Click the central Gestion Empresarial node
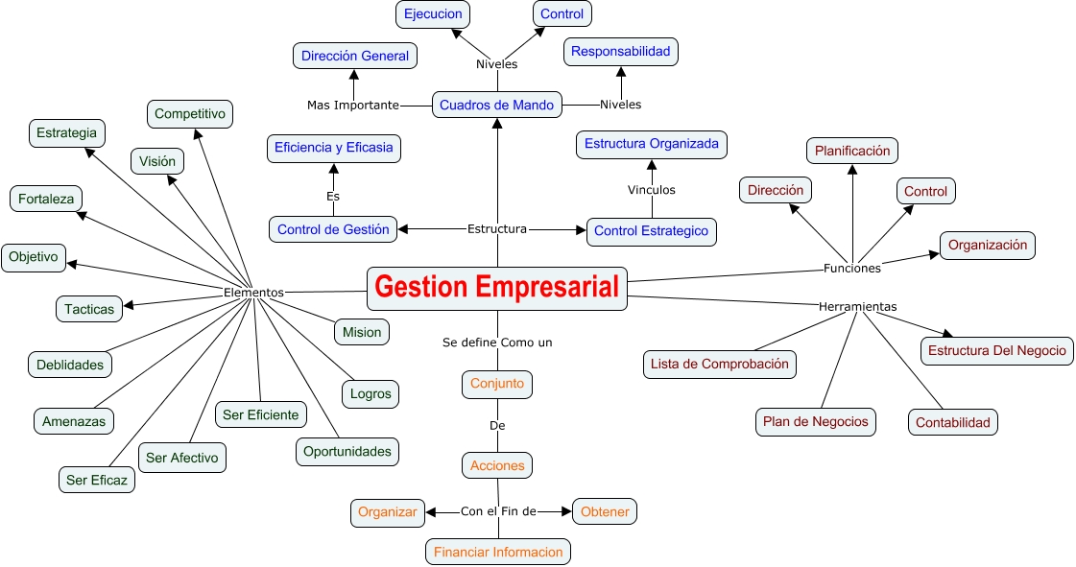click(497, 288)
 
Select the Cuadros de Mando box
click(497, 105)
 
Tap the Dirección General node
click(354, 56)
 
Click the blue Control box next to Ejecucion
click(562, 13)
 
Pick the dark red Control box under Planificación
click(925, 191)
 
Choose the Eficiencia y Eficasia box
click(333, 148)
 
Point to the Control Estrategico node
click(651, 231)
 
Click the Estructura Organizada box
click(651, 144)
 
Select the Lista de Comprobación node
click(719, 364)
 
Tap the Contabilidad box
click(952, 422)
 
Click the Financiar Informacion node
click(498, 552)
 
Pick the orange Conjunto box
click(497, 384)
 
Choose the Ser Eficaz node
click(96, 480)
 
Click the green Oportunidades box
click(347, 451)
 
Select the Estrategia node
click(66, 132)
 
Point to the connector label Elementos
click(253, 292)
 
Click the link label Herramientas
click(857, 307)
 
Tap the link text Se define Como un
click(497, 342)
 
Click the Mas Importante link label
click(352, 105)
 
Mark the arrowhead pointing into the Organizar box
click(430, 512)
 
